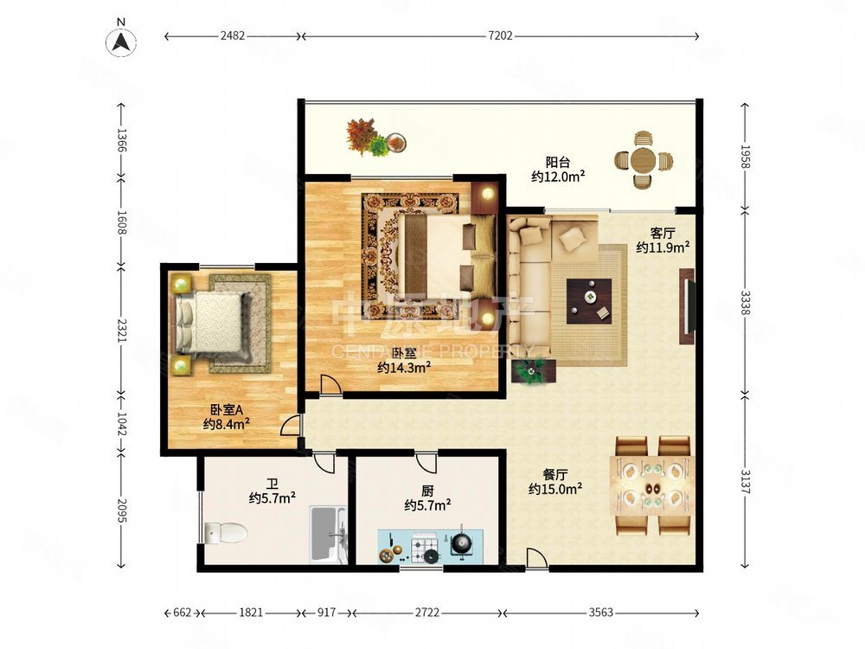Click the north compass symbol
(x=121, y=42)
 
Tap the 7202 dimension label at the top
(x=500, y=35)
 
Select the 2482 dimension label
(x=232, y=35)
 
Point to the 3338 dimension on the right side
(x=745, y=302)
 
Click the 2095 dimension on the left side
(x=122, y=511)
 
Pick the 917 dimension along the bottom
(x=327, y=613)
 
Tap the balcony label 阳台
(x=558, y=163)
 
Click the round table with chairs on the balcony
(x=644, y=160)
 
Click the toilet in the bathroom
(x=226, y=532)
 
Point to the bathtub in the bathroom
(x=328, y=534)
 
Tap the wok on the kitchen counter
(x=461, y=544)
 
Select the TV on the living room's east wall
(x=687, y=307)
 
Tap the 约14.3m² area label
(x=404, y=367)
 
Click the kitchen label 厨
(x=427, y=490)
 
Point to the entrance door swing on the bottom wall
(x=537, y=558)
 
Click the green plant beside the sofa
(x=533, y=371)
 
